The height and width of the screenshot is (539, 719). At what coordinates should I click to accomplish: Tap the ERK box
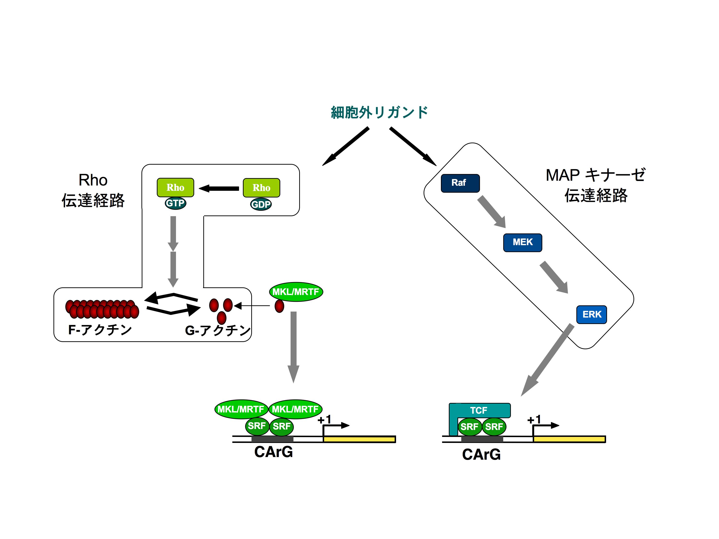pyautogui.click(x=591, y=314)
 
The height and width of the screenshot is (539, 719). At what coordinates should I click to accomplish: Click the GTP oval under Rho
pyautogui.click(x=175, y=203)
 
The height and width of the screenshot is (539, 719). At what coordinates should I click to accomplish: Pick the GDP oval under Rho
pyautogui.click(x=261, y=204)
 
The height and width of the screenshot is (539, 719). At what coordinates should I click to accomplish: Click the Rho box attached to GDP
pyautogui.click(x=261, y=187)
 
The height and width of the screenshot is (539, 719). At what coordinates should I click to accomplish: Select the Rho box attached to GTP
pyautogui.click(x=175, y=187)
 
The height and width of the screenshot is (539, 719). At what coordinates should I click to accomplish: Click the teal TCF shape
pyautogui.click(x=479, y=410)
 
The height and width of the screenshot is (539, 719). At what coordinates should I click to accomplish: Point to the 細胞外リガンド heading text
pyautogui.click(x=379, y=112)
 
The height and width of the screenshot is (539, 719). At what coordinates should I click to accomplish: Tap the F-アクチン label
pyautogui.click(x=100, y=330)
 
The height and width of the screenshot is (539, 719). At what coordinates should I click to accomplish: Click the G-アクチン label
pyautogui.click(x=218, y=330)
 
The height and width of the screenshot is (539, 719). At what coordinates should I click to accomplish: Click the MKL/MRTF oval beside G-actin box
pyautogui.click(x=296, y=292)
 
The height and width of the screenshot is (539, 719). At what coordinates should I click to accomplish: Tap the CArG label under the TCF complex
pyautogui.click(x=481, y=454)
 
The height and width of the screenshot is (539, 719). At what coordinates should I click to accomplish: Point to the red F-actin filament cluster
pyautogui.click(x=102, y=309)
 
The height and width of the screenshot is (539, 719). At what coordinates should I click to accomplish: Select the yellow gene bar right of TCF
pyautogui.click(x=569, y=439)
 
